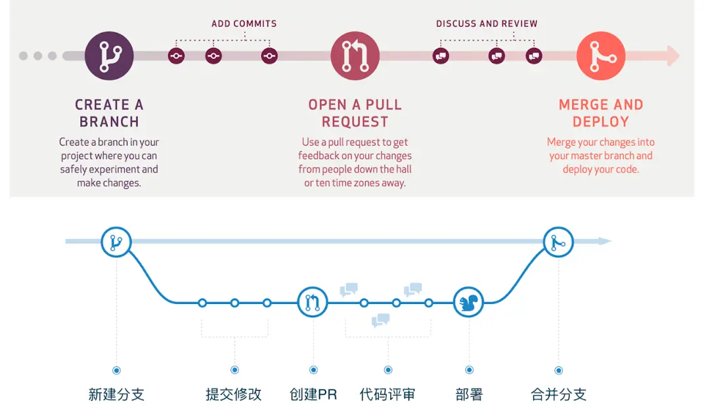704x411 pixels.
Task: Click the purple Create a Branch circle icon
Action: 109,56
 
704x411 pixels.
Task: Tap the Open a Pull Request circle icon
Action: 355,56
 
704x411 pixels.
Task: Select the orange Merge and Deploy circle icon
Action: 601,56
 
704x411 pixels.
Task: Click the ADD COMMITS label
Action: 244,24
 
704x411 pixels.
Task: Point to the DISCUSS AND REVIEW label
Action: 487,24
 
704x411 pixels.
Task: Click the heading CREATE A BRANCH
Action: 109,113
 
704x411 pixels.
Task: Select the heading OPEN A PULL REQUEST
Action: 355,113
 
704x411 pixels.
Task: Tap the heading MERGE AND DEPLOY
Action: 601,113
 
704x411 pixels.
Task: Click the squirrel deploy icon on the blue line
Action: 469,303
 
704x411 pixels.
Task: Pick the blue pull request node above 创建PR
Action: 313,303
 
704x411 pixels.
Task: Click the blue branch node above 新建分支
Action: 116,242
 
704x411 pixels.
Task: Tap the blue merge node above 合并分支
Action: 558,242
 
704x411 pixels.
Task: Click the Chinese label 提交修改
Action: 234,395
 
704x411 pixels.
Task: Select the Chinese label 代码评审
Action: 387,395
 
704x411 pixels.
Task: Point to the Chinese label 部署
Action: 469,395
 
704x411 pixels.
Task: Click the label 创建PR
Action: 313,395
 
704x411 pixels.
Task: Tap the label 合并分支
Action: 558,395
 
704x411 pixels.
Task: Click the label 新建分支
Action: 116,395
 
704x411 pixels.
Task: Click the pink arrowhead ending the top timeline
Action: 672,56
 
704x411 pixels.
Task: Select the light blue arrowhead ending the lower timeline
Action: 605,242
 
